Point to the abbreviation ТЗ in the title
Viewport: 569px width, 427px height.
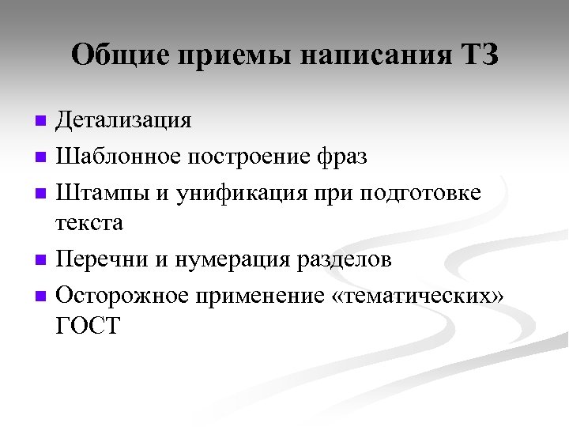(478, 56)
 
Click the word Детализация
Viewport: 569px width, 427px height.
(123, 120)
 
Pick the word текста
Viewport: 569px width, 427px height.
(89, 223)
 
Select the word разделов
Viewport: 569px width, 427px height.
(349, 259)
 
